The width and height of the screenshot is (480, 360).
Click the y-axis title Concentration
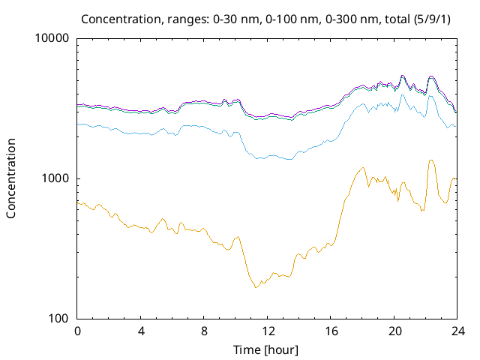click(x=11, y=178)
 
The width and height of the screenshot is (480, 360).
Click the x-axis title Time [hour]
click(x=266, y=349)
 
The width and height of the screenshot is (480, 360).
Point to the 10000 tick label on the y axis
click(x=52, y=39)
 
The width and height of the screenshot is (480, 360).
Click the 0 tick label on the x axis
click(x=77, y=331)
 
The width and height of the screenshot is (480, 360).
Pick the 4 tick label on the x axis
click(x=141, y=331)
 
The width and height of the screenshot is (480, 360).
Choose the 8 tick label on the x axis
click(x=204, y=331)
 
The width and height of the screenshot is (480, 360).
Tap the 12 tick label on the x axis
click(x=267, y=331)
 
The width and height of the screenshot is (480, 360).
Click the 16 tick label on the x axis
click(x=330, y=331)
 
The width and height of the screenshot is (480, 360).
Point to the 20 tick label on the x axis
click(x=394, y=331)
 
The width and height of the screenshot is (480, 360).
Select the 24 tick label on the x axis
click(x=457, y=331)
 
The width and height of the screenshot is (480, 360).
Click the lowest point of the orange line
click(x=256, y=287)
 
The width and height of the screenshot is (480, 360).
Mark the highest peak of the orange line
click(x=431, y=160)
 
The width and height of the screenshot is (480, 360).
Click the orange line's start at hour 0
click(x=78, y=202)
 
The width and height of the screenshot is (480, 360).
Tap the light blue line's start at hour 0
click(x=78, y=124)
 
